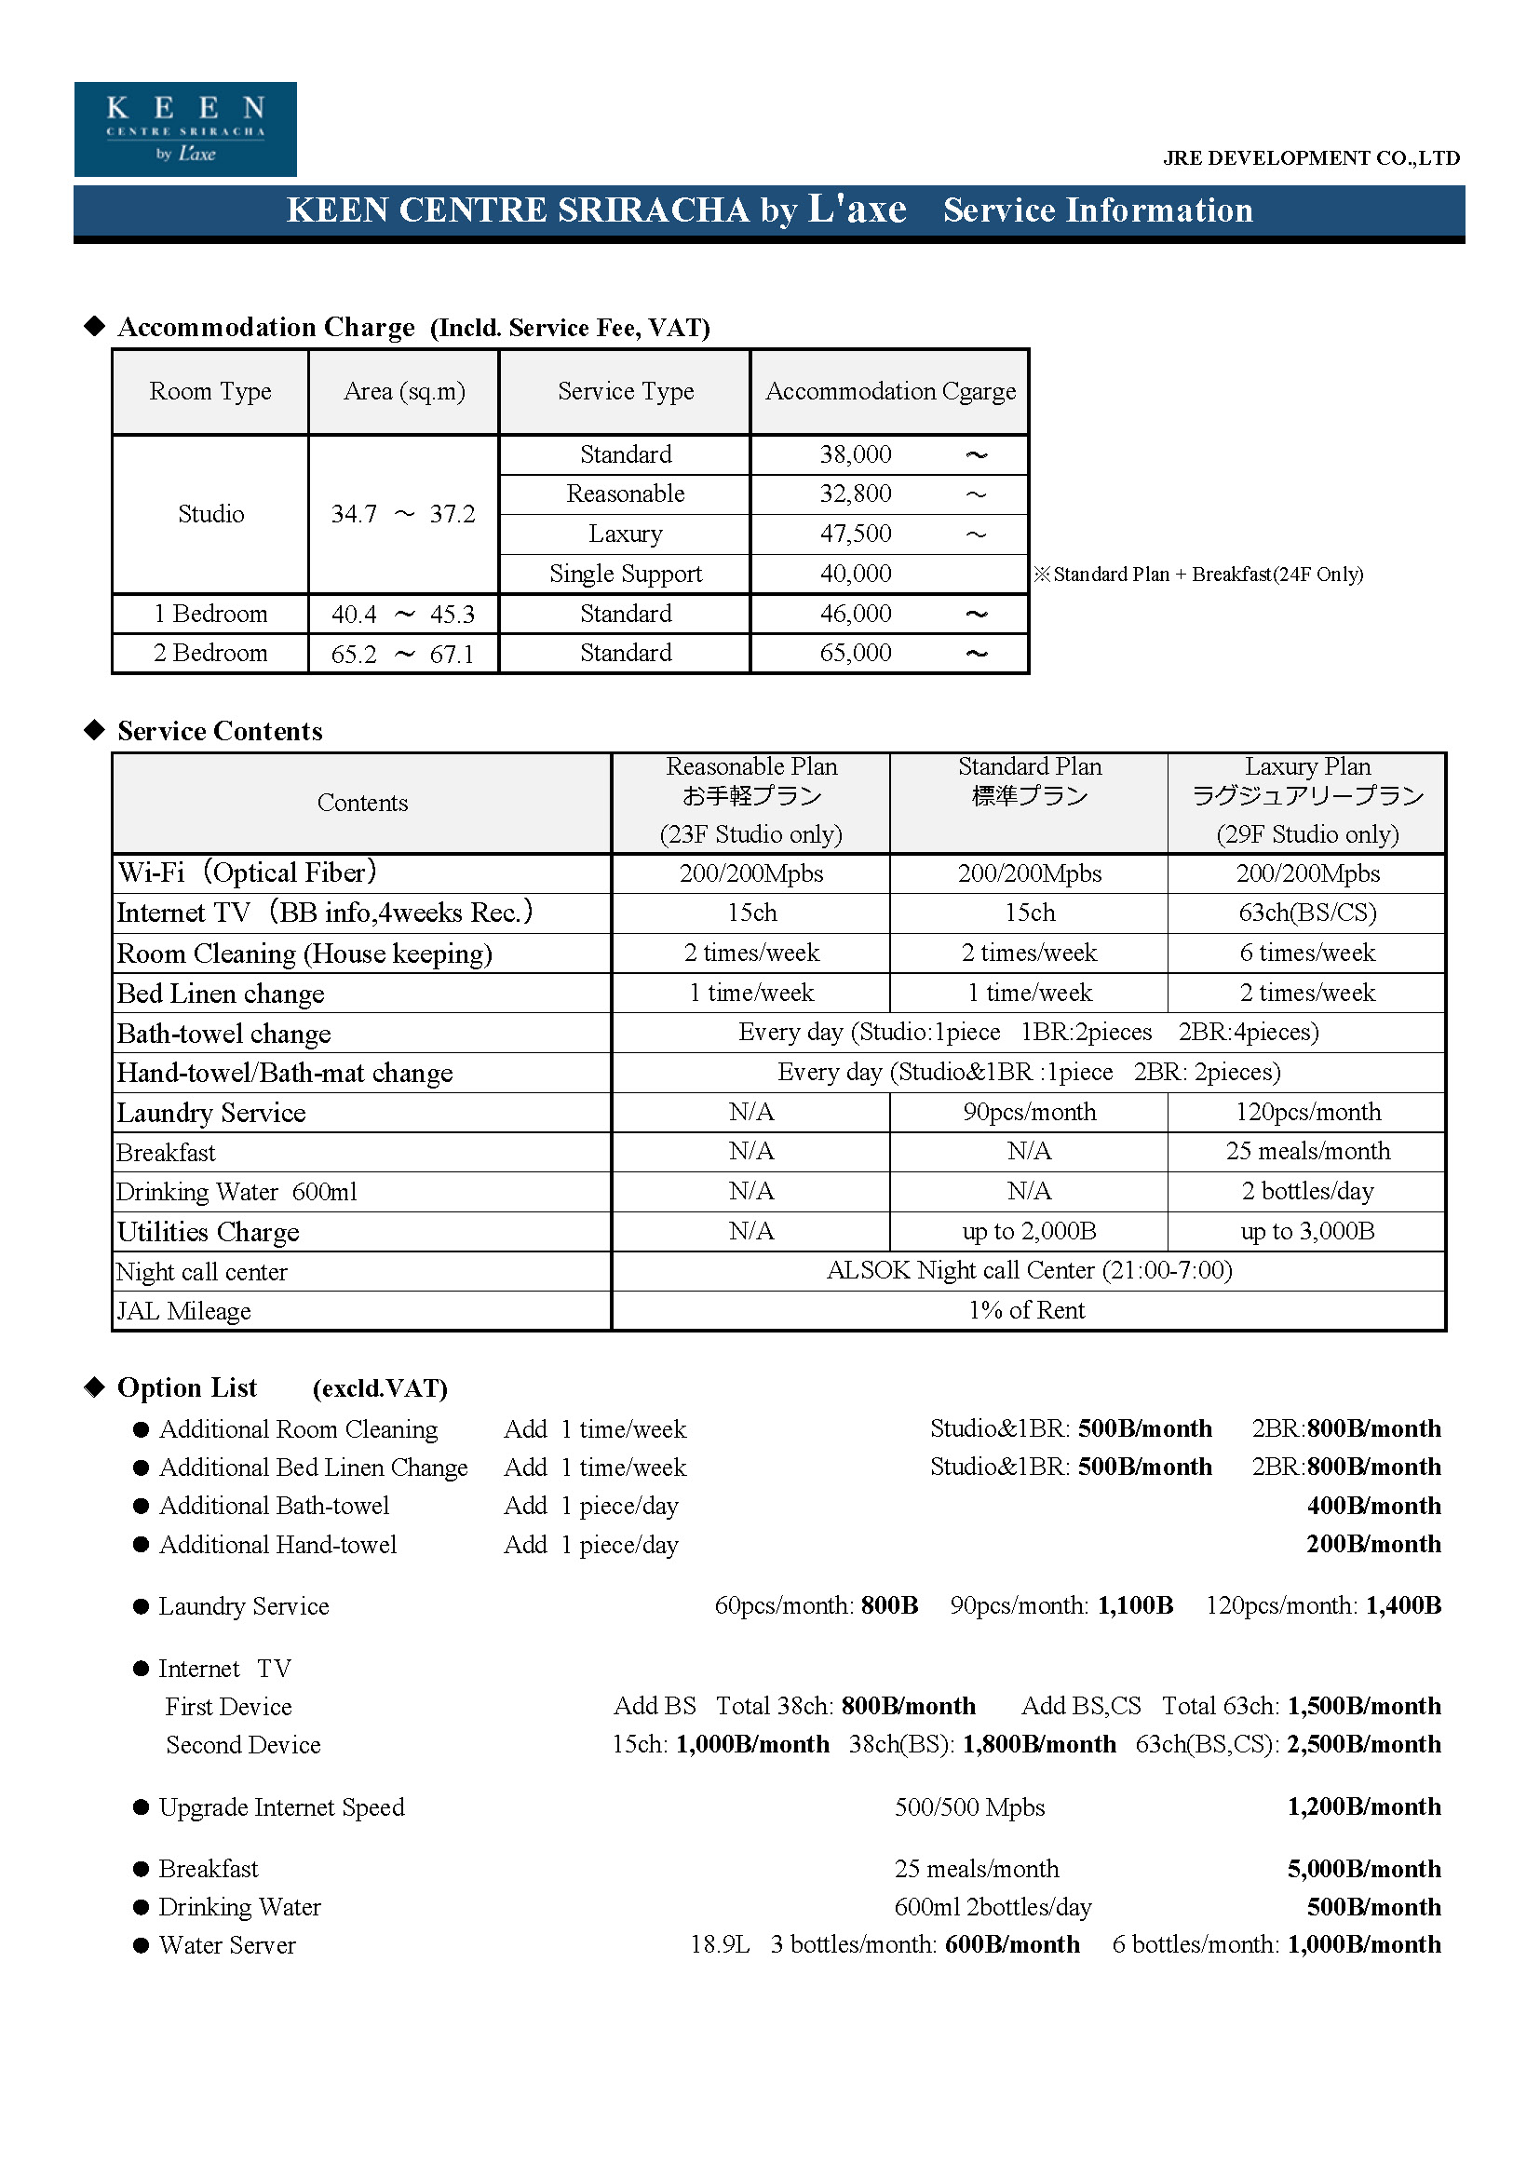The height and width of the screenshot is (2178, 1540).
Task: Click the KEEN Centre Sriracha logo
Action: [185, 129]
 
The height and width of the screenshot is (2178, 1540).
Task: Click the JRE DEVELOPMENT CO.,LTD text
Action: [1311, 158]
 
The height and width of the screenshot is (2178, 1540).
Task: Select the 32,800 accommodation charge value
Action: [856, 494]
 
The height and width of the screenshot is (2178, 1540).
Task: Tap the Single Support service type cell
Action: [625, 574]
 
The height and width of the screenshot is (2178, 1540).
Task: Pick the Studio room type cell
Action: [210, 514]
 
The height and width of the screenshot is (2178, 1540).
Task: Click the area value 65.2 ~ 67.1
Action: [402, 654]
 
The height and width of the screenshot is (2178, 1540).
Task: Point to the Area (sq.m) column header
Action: [404, 391]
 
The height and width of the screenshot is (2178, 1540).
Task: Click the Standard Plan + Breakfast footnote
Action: [1198, 574]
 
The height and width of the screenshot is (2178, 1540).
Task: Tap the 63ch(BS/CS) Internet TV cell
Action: [1306, 913]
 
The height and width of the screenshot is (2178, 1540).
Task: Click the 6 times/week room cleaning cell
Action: [1306, 953]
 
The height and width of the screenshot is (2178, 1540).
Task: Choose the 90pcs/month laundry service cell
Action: [1029, 1112]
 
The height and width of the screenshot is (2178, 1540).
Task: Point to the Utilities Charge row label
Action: [208, 1231]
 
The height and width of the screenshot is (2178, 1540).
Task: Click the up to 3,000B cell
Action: [1306, 1231]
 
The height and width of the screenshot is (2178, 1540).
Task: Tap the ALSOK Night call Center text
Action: [1029, 1270]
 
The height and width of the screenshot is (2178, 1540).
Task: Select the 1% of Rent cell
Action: [1026, 1310]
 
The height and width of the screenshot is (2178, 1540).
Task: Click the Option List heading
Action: [187, 1387]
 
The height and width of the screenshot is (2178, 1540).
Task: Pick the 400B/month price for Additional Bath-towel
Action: [1373, 1506]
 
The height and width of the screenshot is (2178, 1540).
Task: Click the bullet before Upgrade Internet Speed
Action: [142, 1807]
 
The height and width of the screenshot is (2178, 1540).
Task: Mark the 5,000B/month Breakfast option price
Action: [1364, 1869]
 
